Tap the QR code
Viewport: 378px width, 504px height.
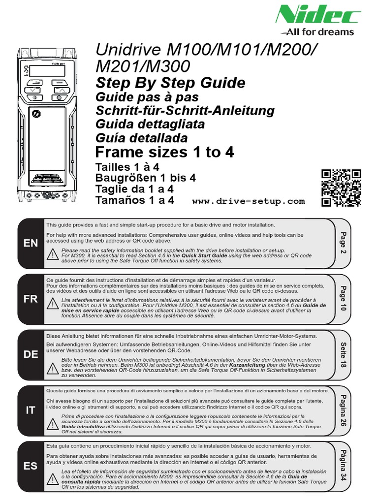(x=341, y=188)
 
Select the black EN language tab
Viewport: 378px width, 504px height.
(x=31, y=244)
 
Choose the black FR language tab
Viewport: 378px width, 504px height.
(x=31, y=299)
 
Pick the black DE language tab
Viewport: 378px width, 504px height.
(x=31, y=355)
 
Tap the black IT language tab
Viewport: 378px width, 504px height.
(x=31, y=410)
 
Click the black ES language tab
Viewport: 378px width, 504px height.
(x=31, y=466)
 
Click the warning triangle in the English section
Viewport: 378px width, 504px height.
(x=53, y=255)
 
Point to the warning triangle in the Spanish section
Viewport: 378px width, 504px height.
(x=53, y=477)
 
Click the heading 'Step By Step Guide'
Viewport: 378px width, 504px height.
(x=170, y=82)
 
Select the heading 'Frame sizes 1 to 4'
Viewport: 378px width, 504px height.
(x=164, y=153)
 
